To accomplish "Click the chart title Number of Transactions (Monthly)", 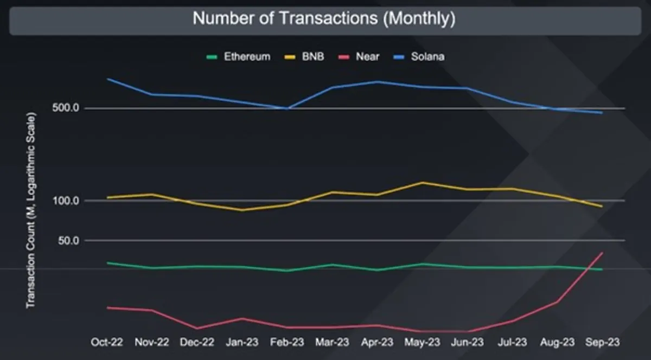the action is click(x=324, y=18).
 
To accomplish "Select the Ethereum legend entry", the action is click(x=238, y=57).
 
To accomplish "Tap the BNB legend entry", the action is click(x=304, y=57).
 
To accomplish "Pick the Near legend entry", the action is click(x=359, y=57).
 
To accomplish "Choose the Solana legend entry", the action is click(x=419, y=57).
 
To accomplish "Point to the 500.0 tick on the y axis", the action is click(x=66, y=108).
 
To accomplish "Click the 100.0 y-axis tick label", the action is click(x=66, y=201).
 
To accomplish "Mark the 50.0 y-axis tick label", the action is click(x=68, y=241).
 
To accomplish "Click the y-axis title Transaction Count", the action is click(x=31, y=210).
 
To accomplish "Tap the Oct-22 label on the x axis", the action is click(x=107, y=342).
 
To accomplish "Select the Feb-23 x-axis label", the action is click(x=287, y=342).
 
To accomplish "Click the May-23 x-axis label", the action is click(x=422, y=342).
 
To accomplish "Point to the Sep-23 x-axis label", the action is click(x=603, y=342).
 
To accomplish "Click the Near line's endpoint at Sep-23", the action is click(x=601, y=253).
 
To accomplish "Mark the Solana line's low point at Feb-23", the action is click(x=287, y=108).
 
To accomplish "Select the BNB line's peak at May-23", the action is click(x=422, y=183).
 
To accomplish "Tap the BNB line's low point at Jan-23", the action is click(x=242, y=210).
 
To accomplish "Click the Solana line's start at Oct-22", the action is click(x=107, y=79).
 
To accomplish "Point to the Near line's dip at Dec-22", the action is click(x=197, y=329).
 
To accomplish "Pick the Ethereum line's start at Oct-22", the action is click(x=107, y=262).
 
